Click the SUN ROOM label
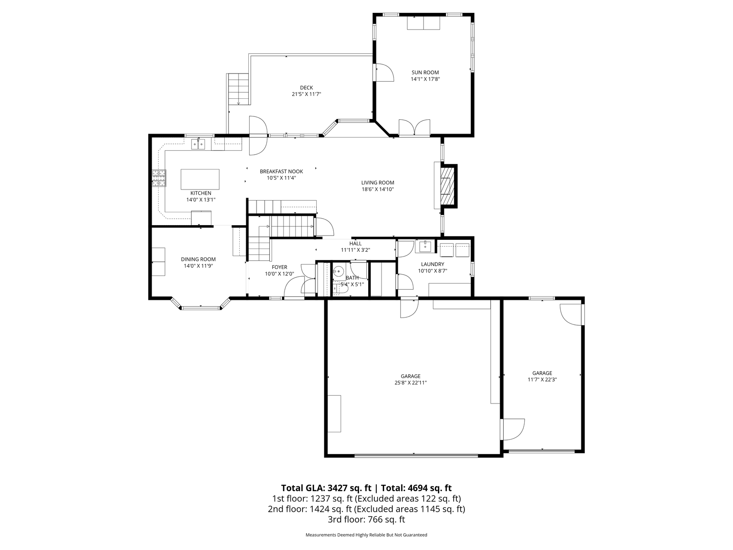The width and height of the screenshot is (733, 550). tap(425, 72)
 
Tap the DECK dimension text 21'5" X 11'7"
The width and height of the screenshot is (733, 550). tap(306, 94)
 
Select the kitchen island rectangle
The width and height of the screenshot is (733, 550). tap(200, 179)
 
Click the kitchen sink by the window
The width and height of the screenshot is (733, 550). tap(199, 144)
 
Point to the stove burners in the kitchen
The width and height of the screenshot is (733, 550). tap(159, 178)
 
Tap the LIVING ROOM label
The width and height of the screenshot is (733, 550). tap(378, 183)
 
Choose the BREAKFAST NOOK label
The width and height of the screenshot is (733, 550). tap(281, 171)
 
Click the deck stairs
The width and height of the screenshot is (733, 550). tap(238, 89)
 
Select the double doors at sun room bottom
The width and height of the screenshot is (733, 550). tap(414, 128)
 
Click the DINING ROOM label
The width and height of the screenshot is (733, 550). tap(198, 259)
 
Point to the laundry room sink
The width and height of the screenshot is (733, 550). tap(425, 247)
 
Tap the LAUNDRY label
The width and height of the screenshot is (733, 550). tap(432, 264)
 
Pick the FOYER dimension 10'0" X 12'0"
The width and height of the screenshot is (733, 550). tap(279, 274)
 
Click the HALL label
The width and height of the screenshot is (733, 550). tap(355, 243)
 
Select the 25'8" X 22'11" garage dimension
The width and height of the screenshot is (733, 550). tap(411, 382)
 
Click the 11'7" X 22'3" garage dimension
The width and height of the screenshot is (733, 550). tap(542, 379)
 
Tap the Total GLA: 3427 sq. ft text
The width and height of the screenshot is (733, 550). tap(326, 488)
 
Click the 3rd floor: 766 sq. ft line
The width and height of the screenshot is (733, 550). tap(366, 519)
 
